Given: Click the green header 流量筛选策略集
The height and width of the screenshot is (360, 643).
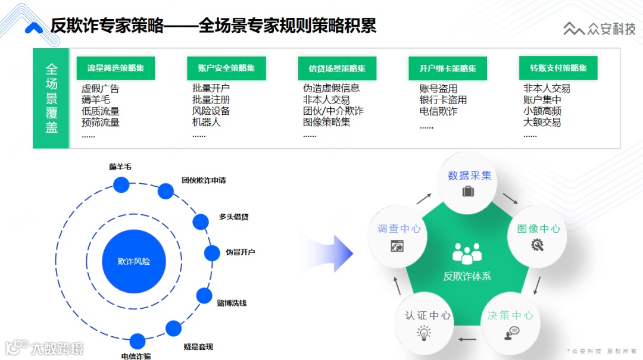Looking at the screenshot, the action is [116, 68].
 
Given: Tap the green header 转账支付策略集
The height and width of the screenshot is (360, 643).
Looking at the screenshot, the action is [558, 68].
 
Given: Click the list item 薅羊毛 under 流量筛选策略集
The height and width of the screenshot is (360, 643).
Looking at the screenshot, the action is [96, 100].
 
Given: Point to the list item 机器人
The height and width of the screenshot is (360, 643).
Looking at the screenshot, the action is [206, 122].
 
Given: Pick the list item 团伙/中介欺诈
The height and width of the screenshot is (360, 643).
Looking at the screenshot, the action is [333, 111].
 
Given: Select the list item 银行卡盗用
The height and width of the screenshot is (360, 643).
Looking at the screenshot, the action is [443, 100].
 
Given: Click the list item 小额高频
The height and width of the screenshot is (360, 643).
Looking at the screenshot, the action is [542, 111].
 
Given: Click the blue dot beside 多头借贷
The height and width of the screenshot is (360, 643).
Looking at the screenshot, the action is [201, 222].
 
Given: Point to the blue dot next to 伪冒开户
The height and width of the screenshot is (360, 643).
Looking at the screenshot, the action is [212, 253].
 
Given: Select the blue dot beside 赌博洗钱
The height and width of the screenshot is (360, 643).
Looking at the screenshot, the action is [204, 296].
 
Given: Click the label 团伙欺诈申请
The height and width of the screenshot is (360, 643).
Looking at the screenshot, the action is [204, 180].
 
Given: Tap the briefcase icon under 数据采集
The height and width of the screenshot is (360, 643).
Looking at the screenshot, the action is [468, 192].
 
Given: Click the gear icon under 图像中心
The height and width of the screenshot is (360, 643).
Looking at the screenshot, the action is [537, 244].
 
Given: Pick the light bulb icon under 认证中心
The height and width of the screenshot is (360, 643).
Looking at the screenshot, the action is [424, 333].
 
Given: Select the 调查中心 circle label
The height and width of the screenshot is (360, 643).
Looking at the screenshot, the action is [399, 229].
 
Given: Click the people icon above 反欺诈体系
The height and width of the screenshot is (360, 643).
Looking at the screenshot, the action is [467, 253].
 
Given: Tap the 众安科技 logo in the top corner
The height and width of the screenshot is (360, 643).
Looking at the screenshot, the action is [600, 29].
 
